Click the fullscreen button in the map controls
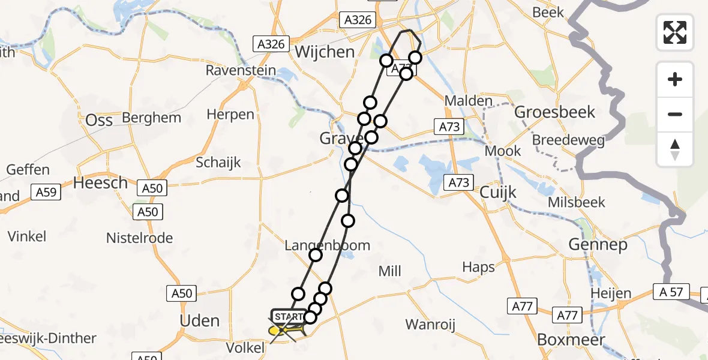pyautogui.click(x=675, y=32)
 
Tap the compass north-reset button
pyautogui.click(x=675, y=149)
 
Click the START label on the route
pyautogui.click(x=289, y=317)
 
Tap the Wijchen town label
pyautogui.click(x=325, y=52)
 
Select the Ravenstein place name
pyautogui.click(x=241, y=71)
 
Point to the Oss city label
pyautogui.click(x=99, y=120)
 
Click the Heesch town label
pyautogui.click(x=100, y=182)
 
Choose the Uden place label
pyautogui.click(x=200, y=320)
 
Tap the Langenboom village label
pyautogui.click(x=327, y=245)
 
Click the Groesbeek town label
pyautogui.click(x=555, y=112)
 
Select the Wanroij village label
pyautogui.click(x=430, y=325)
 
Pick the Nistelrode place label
pyautogui.click(x=139, y=238)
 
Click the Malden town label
pyautogui.click(x=469, y=101)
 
